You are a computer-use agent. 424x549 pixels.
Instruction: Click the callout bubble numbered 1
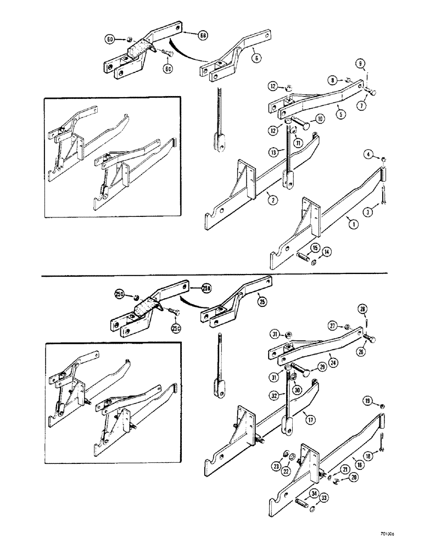349,224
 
